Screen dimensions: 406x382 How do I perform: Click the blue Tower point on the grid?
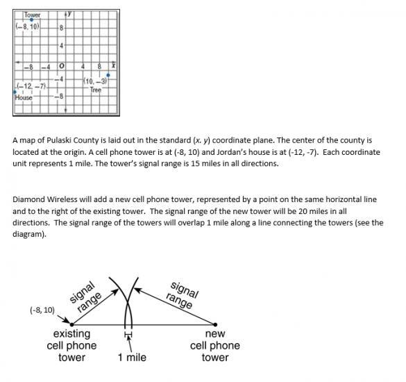[x=32, y=19]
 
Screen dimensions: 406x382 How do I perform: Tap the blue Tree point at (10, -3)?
[x=108, y=75]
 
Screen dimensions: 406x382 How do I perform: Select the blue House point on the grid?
[x=15, y=92]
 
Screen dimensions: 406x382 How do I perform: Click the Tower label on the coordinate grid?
[x=33, y=15]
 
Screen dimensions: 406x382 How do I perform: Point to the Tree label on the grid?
[x=96, y=90]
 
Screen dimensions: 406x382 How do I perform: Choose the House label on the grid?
[x=24, y=98]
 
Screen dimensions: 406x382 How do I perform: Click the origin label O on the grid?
[x=61, y=66]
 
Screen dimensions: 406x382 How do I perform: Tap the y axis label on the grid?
[x=69, y=13]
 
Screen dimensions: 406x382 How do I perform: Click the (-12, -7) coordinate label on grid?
[x=31, y=86]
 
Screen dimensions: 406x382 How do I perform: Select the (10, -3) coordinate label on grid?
[x=95, y=81]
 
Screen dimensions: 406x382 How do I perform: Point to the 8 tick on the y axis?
[x=61, y=28]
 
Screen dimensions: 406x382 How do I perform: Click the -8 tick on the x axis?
[x=28, y=67]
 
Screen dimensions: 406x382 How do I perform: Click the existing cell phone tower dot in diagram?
[x=72, y=324]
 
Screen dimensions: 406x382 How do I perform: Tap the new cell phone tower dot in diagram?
[x=215, y=324]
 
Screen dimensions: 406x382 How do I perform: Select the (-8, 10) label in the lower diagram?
[x=42, y=310]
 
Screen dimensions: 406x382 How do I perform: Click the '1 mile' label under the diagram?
[x=132, y=358]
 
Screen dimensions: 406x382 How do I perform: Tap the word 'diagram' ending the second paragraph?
[x=28, y=235]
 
